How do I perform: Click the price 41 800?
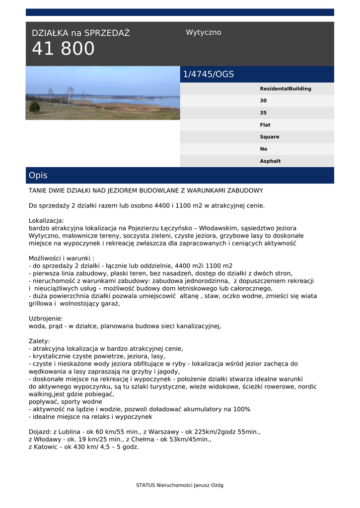click(x=63, y=49)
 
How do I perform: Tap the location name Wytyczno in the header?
click(x=204, y=33)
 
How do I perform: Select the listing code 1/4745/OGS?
click(x=209, y=74)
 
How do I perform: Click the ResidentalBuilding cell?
click(x=286, y=89)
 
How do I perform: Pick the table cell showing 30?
click(x=263, y=101)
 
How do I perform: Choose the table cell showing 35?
click(x=263, y=113)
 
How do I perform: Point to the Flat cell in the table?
click(x=265, y=125)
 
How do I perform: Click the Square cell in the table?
click(x=270, y=137)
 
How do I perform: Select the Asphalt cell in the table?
click(x=270, y=161)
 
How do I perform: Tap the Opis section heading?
click(x=38, y=176)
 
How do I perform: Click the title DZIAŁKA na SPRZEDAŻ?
click(x=80, y=33)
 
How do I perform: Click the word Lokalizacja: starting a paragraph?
click(x=47, y=221)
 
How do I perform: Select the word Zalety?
click(x=39, y=341)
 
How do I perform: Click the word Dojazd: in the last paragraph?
click(x=40, y=432)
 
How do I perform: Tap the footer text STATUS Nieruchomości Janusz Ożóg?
click(x=180, y=485)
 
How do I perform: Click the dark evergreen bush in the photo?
click(x=35, y=107)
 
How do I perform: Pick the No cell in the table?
click(x=263, y=149)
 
